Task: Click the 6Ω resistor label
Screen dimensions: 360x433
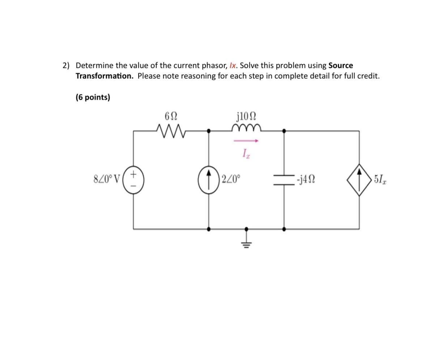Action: point(171,116)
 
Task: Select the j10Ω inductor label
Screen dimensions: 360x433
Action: point(246,116)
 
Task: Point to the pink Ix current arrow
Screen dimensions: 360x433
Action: point(246,141)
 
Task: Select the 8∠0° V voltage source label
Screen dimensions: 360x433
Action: point(107,179)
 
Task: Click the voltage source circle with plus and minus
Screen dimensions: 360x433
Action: point(133,180)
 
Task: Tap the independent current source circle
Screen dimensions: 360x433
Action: point(209,180)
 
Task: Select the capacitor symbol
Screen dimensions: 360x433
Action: point(284,180)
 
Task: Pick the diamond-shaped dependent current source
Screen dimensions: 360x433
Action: point(359,180)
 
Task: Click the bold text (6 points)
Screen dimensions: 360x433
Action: point(93,98)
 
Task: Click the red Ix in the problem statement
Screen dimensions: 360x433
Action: point(233,66)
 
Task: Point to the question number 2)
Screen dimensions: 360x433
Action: point(65,66)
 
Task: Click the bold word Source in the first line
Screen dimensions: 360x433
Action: point(340,66)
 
